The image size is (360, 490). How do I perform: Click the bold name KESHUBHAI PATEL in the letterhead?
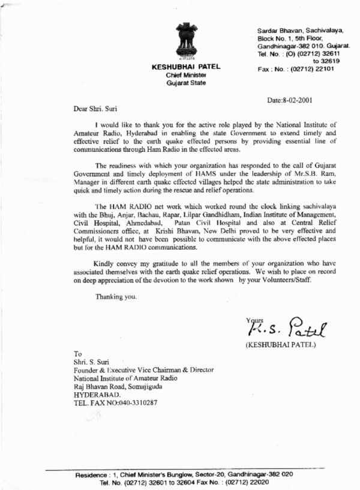click(186, 67)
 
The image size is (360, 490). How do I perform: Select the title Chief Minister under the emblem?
click(186, 75)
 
